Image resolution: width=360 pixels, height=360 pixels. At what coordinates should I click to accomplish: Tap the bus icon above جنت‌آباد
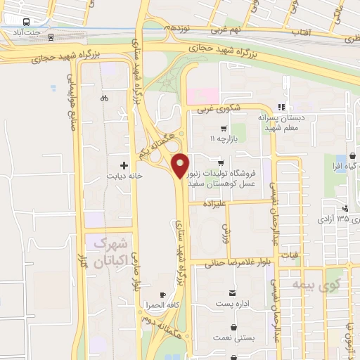25,22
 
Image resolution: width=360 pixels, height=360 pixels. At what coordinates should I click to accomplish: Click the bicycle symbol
104,98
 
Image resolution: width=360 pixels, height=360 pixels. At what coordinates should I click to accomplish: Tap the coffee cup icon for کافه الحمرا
163,295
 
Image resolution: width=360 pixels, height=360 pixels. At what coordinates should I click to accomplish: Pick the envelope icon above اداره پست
231,292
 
